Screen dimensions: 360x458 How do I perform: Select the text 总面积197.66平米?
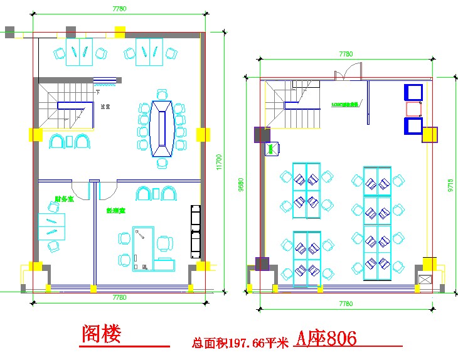(240, 343)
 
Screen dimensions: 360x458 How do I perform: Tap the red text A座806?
(326, 339)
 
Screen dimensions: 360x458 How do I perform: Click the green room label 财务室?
(64, 199)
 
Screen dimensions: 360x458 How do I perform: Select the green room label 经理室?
(116, 211)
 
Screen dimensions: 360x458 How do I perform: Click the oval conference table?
(162, 129)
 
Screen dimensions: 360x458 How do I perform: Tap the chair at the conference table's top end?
(162, 95)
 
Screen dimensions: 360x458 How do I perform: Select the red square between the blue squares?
(413, 109)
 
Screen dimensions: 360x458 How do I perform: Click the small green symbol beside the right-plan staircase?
(272, 149)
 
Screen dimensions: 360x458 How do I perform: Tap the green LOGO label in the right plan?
(344, 104)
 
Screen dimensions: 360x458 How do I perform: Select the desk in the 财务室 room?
(51, 226)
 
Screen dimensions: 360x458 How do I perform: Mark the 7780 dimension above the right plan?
(346, 54)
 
